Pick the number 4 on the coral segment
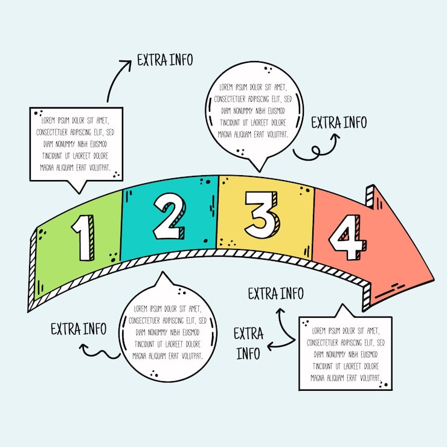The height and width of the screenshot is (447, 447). pyautogui.click(x=348, y=236)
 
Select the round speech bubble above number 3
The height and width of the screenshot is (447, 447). pyautogui.click(x=254, y=111)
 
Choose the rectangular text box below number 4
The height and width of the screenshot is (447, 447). pyautogui.click(x=345, y=354)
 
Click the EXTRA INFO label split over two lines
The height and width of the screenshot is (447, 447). pyautogui.click(x=248, y=342)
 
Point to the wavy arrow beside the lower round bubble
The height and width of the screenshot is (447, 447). pyautogui.click(x=100, y=351)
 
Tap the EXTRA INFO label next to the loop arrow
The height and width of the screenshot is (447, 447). pyautogui.click(x=338, y=123)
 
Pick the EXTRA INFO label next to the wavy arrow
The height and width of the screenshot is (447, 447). pyautogui.click(x=78, y=329)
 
